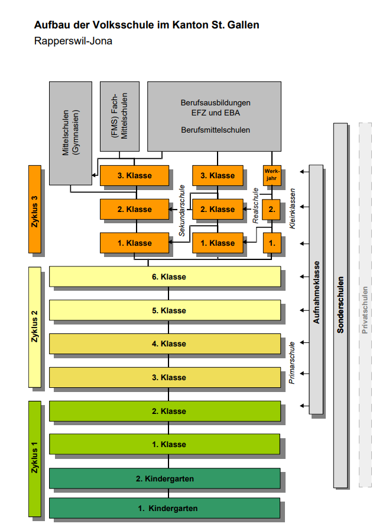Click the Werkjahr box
coord(271,175)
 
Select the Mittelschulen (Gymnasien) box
coord(70,133)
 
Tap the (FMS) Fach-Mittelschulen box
coord(120,116)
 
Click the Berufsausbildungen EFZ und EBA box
coord(215,116)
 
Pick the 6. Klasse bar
coord(165,277)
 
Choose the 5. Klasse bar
coord(165,310)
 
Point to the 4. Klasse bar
coord(165,343)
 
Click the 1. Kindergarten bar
coord(165,508)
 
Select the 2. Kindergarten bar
coord(165,478)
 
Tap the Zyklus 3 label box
coord(35,209)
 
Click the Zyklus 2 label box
coord(35,327)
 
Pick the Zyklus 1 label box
coord(35,458)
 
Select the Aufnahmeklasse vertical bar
coord(316,289)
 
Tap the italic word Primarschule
coord(292,362)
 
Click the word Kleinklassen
coord(292,209)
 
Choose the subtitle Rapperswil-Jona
coord(73,41)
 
